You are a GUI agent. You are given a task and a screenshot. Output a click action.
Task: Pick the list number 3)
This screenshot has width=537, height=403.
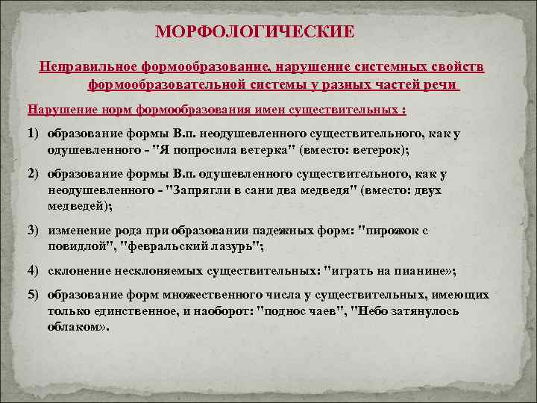click(35, 231)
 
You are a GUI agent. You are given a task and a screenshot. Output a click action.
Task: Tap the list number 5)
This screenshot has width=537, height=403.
click(35, 296)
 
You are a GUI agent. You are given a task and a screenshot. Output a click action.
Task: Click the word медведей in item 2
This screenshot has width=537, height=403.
click(78, 205)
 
